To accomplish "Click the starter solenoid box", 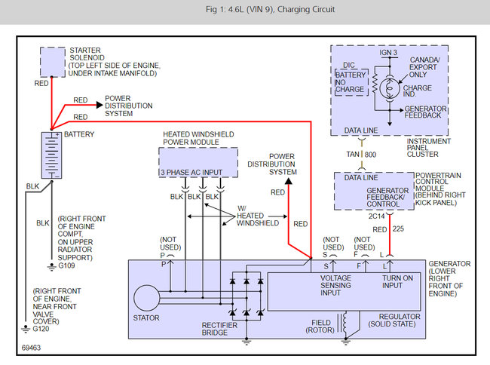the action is tap(53, 62).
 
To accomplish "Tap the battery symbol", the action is tap(51, 155).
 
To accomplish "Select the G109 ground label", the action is tap(66, 265).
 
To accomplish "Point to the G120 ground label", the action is tap(41, 329).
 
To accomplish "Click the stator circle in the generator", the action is tap(146, 298).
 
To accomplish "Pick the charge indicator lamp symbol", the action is tap(390, 88).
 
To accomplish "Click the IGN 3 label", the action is tap(388, 53).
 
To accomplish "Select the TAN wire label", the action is tap(353, 155).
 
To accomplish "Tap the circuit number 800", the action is tap(370, 155).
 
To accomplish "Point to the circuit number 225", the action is tap(398, 229).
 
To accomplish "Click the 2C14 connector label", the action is tap(376, 216).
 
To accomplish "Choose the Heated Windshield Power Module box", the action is tap(198, 162).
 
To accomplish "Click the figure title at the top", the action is tap(270, 9).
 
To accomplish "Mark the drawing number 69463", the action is tap(31, 348).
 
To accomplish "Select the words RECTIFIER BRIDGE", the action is tap(219, 329).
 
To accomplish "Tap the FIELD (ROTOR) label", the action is tap(320, 327).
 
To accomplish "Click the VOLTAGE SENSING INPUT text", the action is tap(335, 285).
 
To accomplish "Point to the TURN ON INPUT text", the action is tap(397, 281).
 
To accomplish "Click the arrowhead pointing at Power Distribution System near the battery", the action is tap(100, 105).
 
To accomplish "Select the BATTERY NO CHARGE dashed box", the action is tap(351, 82).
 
